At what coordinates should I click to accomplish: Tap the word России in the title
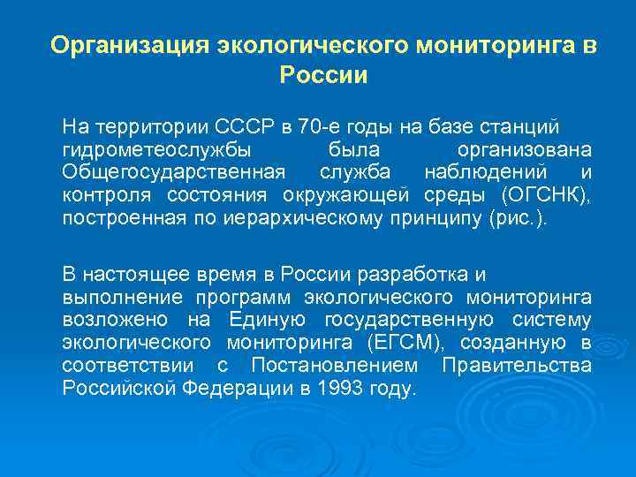click(x=322, y=75)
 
